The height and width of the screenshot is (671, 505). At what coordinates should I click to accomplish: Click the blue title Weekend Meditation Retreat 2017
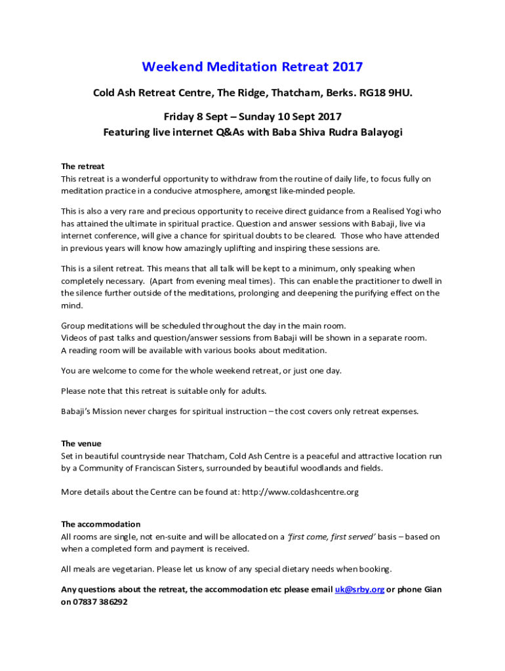click(x=253, y=67)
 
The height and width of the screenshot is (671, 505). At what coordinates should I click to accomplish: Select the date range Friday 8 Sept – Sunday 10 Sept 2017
click(x=253, y=117)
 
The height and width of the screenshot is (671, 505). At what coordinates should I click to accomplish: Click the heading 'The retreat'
click(x=83, y=166)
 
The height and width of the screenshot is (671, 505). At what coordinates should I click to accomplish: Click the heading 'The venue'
click(x=81, y=444)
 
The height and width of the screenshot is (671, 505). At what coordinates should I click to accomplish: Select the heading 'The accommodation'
click(x=100, y=524)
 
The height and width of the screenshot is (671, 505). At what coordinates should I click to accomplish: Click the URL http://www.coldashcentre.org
click(x=300, y=491)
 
